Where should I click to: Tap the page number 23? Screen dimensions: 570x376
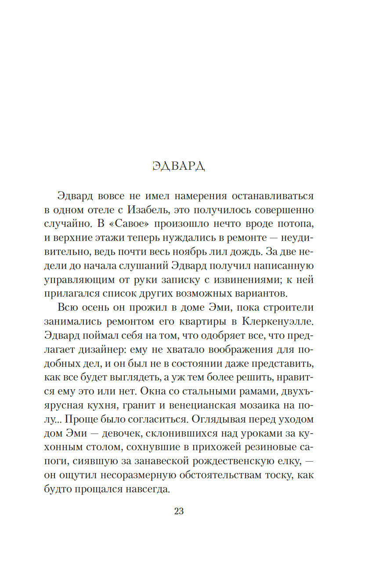179,511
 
